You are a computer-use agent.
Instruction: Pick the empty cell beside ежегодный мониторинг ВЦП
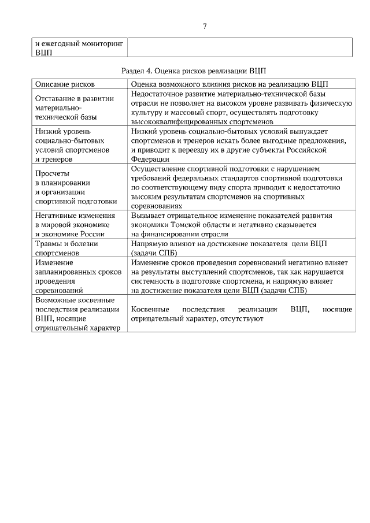click(x=239, y=47)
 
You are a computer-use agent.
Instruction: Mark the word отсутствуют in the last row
click(x=242, y=318)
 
